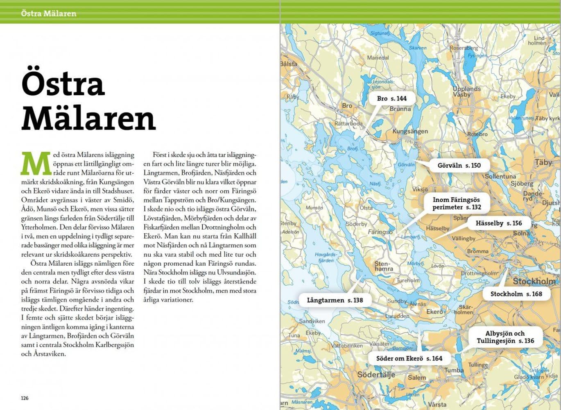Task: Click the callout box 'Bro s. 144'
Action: click(x=391, y=98)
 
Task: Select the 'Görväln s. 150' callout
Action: click(x=459, y=166)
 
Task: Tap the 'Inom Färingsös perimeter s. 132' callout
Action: click(x=456, y=203)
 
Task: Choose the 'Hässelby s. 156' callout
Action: click(x=498, y=223)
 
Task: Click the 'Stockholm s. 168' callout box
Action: click(x=516, y=294)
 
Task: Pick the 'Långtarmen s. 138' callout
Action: click(x=335, y=300)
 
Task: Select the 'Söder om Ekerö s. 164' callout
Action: click(x=409, y=358)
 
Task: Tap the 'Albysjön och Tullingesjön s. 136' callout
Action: click(x=505, y=337)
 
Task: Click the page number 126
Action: click(x=25, y=398)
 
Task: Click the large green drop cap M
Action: click(x=36, y=163)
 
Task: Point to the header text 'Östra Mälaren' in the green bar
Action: click(x=49, y=14)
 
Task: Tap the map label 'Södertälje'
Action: click(x=376, y=375)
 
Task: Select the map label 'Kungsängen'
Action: click(x=410, y=132)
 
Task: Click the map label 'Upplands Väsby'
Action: click(x=466, y=91)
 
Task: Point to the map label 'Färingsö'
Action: click(x=380, y=232)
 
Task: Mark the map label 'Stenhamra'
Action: click(x=384, y=266)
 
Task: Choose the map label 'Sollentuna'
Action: click(x=500, y=176)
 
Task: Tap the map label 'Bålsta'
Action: click(x=289, y=64)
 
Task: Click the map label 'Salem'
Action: click(x=416, y=378)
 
